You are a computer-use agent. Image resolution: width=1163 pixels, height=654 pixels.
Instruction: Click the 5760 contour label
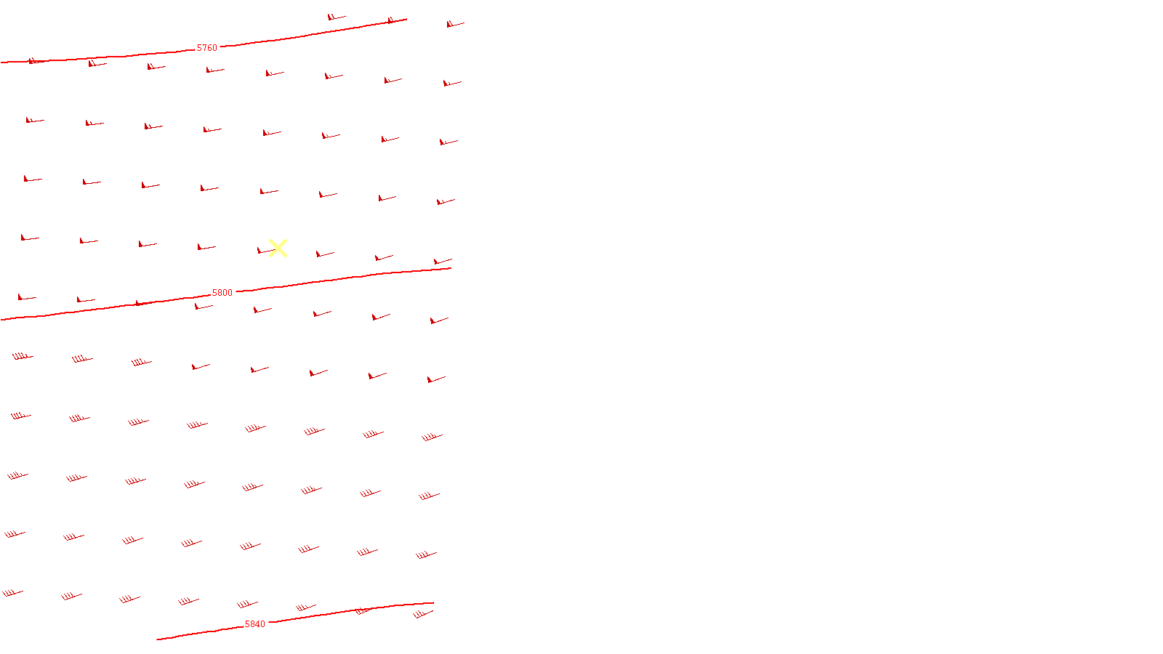(x=207, y=48)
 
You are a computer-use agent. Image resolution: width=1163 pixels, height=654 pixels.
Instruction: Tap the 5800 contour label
(x=222, y=293)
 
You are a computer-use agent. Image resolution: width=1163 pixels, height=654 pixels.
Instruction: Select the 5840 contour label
(x=255, y=624)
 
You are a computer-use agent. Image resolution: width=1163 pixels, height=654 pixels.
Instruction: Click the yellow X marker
(x=278, y=249)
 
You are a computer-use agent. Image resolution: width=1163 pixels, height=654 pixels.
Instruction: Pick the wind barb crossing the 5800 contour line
(x=144, y=302)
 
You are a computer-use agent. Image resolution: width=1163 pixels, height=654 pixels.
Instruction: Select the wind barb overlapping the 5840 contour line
(x=363, y=611)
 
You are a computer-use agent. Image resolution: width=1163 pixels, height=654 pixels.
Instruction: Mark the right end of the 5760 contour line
(x=406, y=20)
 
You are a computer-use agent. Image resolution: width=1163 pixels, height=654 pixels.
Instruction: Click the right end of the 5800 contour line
(x=451, y=268)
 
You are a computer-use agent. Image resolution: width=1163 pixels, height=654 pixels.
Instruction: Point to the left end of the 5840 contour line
(x=158, y=639)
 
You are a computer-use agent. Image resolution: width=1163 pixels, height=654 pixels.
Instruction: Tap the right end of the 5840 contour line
(x=433, y=602)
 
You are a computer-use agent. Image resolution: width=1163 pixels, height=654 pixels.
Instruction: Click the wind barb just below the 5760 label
(x=214, y=70)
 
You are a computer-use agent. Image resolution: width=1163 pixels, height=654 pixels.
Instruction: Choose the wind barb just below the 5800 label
(x=204, y=307)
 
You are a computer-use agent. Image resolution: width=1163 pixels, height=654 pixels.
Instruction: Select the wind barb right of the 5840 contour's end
(x=422, y=614)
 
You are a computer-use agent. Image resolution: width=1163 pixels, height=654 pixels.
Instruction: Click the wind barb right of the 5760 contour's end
(x=454, y=24)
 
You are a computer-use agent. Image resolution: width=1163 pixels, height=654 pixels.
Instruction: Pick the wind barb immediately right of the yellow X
(x=324, y=254)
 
